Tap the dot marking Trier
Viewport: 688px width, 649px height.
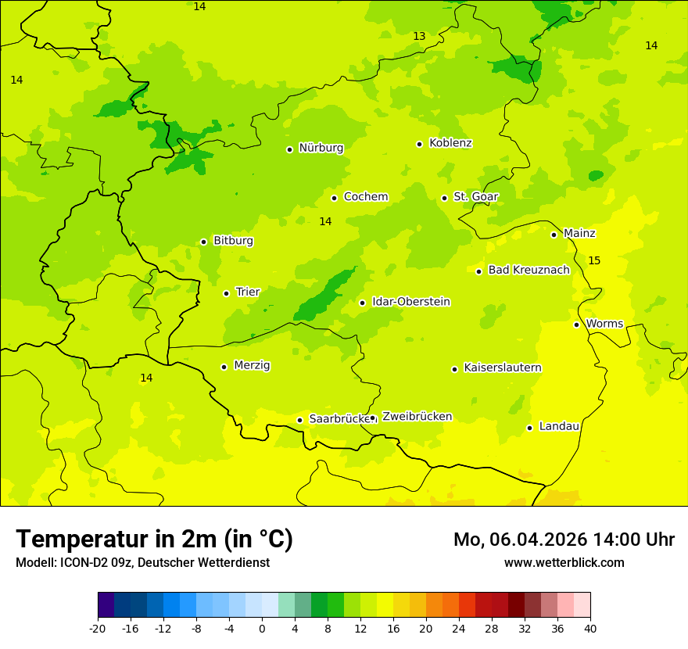pyautogui.click(x=226, y=293)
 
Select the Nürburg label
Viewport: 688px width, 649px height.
pyautogui.click(x=321, y=148)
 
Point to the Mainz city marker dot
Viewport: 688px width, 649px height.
pyautogui.click(x=554, y=235)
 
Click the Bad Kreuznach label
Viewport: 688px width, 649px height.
pyautogui.click(x=529, y=270)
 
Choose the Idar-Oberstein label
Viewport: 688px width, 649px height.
pyautogui.click(x=411, y=302)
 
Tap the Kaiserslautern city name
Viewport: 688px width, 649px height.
pyautogui.click(x=502, y=368)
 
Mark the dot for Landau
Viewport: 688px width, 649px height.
pyautogui.click(x=529, y=428)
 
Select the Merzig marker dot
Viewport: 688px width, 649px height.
pyautogui.click(x=224, y=367)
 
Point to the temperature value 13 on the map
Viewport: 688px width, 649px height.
pyautogui.click(x=419, y=37)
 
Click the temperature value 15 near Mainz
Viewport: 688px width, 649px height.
pyautogui.click(x=594, y=260)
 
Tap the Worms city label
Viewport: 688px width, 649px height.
pyautogui.click(x=604, y=324)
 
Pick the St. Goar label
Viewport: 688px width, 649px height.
pyautogui.click(x=475, y=196)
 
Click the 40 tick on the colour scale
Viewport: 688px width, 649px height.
pyautogui.click(x=590, y=628)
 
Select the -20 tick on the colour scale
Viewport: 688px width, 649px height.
pyautogui.click(x=98, y=628)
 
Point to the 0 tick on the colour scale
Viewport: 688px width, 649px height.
pyautogui.click(x=262, y=628)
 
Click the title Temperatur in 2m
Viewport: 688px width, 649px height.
pyautogui.click(x=154, y=540)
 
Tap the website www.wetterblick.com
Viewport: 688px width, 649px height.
pyautogui.click(x=564, y=562)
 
